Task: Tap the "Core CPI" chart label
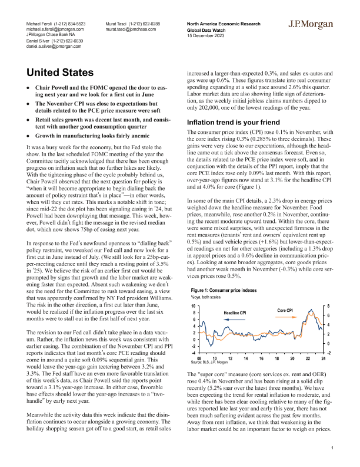click(285, 310)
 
